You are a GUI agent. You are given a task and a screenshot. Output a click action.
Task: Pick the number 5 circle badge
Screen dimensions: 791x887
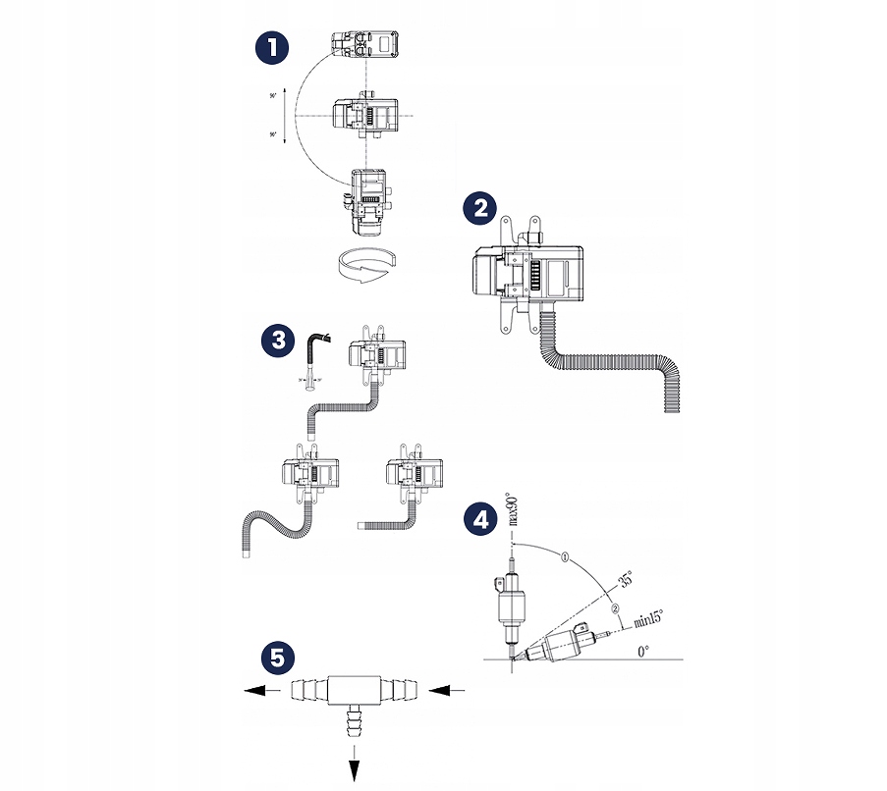tap(277, 657)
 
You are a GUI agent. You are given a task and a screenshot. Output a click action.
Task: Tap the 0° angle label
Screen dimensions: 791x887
tap(642, 650)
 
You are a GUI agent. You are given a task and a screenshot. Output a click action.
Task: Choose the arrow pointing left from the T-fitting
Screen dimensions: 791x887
tap(264, 691)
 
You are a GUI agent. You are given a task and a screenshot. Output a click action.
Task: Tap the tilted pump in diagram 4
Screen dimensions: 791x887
tap(560, 647)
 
